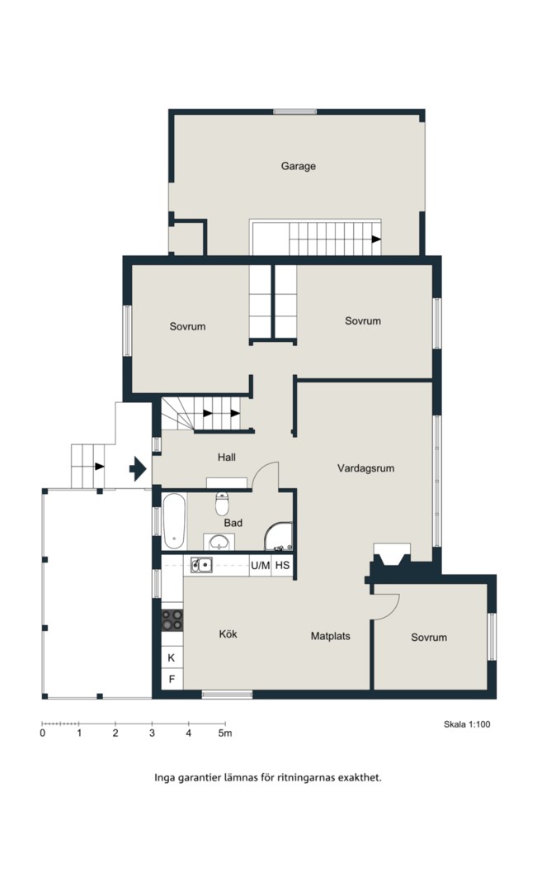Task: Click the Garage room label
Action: [299, 166]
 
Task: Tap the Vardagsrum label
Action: [365, 468]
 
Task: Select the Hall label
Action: [226, 457]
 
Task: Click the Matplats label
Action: [330, 636]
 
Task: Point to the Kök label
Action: [228, 633]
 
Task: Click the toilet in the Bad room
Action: [222, 503]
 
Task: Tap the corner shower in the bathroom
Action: [279, 537]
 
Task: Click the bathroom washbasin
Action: [219, 542]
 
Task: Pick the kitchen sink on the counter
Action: [201, 565]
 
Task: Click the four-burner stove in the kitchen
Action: [172, 619]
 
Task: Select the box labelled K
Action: [172, 658]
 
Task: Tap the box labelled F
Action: [172, 679]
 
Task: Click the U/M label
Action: [261, 566]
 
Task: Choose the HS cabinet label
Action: [282, 566]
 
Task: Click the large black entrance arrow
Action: [138, 469]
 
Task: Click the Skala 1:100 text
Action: [467, 724]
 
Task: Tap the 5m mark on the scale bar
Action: [225, 733]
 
